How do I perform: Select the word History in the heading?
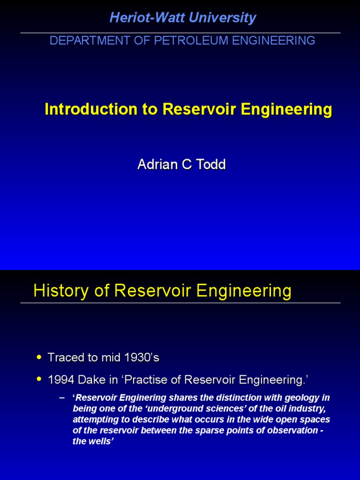[x=55, y=291]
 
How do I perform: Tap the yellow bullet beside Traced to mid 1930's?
[x=39, y=358]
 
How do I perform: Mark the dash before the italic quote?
[x=62, y=397]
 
